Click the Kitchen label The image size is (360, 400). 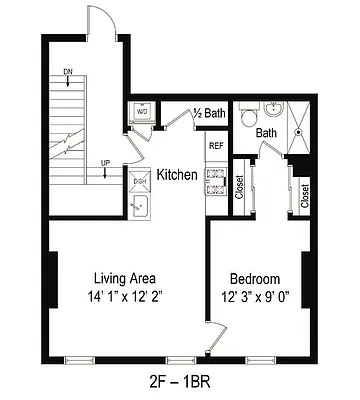pos(177,175)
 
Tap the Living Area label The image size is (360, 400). pos(124,278)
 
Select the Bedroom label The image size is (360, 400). pos(255,278)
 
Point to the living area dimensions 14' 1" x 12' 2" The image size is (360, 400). pos(124,296)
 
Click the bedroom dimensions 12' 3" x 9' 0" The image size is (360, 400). pos(255,296)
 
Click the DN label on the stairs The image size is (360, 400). pos(67,72)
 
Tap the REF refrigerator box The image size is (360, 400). pos(215,146)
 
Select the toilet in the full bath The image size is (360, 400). pos(250,115)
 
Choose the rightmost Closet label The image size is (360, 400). pos(305,194)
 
